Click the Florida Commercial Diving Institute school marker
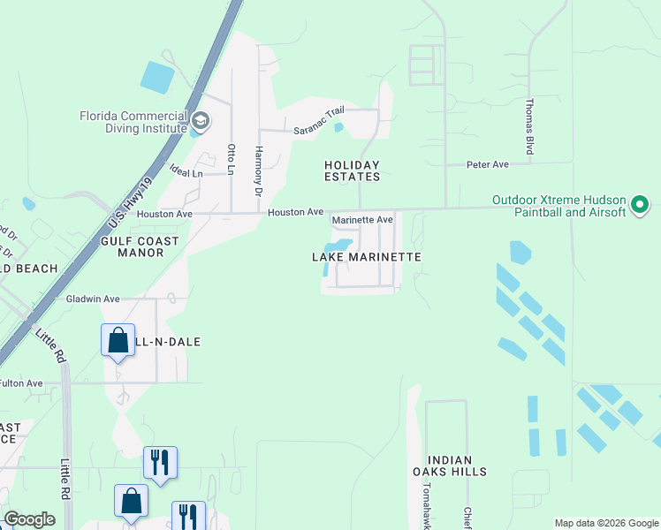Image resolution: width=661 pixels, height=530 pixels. pyautogui.click(x=201, y=121)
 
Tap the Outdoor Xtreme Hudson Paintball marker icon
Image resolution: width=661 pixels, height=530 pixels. pyautogui.click(x=640, y=207)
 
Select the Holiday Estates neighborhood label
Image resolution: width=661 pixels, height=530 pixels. pyautogui.click(x=352, y=170)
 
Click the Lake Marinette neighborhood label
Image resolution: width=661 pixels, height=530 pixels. pyautogui.click(x=366, y=256)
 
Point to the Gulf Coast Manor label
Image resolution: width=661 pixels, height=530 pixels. pyautogui.click(x=140, y=246)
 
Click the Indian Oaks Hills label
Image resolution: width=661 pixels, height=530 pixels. pyautogui.click(x=456, y=466)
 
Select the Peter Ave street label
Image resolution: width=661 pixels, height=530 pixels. pyautogui.click(x=488, y=164)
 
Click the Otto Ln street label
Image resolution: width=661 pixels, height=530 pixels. pyautogui.click(x=232, y=159)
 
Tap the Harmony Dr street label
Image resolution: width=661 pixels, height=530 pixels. pyautogui.click(x=259, y=171)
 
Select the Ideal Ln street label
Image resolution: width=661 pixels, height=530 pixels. pyautogui.click(x=186, y=172)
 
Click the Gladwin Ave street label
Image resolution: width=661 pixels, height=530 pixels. pyautogui.click(x=93, y=299)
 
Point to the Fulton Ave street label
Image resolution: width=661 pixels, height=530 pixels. pyautogui.click(x=21, y=383)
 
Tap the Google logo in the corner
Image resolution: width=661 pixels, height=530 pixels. pyautogui.click(x=29, y=519)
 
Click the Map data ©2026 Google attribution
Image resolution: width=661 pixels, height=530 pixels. pyautogui.click(x=606, y=523)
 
